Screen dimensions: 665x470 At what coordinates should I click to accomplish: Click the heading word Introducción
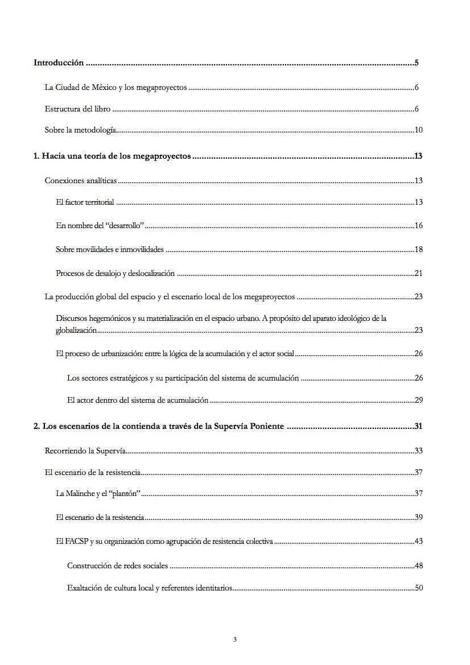59,63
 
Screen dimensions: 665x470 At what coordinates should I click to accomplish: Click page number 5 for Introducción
417,63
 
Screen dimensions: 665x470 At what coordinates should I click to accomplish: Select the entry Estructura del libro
77,109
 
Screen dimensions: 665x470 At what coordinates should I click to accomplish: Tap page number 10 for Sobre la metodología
418,130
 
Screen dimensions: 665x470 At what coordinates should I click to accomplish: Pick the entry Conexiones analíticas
81,181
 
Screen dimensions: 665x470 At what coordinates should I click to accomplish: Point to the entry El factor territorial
85,203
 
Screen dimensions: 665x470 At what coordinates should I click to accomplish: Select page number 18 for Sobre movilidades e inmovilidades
418,249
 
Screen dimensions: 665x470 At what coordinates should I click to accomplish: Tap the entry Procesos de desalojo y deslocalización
116,273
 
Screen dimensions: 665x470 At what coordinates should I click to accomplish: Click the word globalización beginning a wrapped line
76,330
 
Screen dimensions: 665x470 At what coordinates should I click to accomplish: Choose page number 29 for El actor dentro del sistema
418,400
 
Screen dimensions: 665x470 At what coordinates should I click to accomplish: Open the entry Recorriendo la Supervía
85,451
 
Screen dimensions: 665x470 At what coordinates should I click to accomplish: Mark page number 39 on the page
418,517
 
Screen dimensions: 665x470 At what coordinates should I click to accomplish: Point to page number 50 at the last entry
418,588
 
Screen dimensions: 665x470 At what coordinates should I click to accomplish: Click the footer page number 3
235,639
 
